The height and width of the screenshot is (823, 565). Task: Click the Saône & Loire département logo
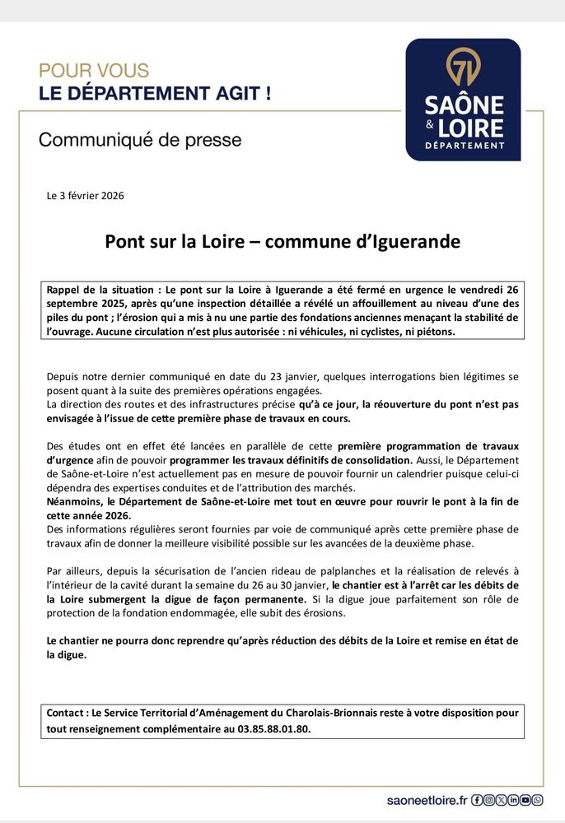(x=463, y=100)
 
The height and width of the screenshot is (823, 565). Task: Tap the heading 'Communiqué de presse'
(x=140, y=140)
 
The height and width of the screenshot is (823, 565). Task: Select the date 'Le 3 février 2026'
(x=86, y=196)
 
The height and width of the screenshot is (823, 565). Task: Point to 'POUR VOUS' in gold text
(x=94, y=71)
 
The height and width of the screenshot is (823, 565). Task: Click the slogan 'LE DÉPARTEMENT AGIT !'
(x=155, y=93)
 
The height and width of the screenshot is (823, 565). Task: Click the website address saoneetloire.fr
(x=427, y=799)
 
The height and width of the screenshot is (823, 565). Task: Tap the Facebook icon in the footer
(x=477, y=799)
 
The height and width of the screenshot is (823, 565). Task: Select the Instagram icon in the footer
(x=489, y=799)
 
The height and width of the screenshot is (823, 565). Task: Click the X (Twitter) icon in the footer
(x=501, y=799)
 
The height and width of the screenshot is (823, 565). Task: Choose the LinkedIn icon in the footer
(x=513, y=799)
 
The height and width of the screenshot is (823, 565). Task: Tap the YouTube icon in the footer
(x=525, y=799)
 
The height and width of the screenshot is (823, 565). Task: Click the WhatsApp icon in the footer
(x=538, y=799)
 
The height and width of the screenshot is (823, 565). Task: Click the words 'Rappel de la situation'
(x=102, y=291)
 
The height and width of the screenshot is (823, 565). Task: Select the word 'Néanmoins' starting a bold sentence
(x=75, y=501)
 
